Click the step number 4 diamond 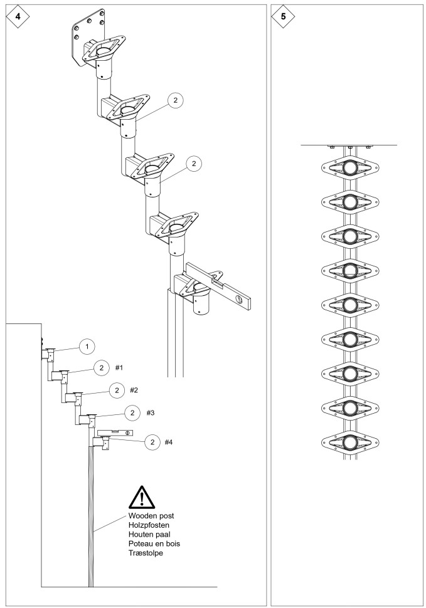[15, 16]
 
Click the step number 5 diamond [284, 16]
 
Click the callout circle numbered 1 [88, 345]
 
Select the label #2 [134, 390]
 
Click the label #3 [151, 412]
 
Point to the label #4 [168, 442]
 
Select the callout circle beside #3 [132, 412]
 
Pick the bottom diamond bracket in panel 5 [349, 442]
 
